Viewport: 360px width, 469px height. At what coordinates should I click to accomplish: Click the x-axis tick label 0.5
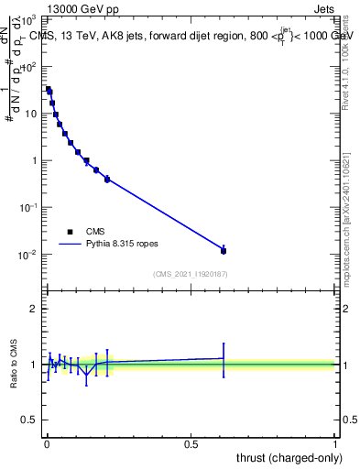coord(191,444)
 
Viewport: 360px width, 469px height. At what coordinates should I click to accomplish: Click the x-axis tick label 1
coord(335,444)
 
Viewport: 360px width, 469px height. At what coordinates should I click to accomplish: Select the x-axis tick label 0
coord(47,444)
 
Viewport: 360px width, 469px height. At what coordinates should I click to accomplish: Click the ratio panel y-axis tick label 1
coord(34,365)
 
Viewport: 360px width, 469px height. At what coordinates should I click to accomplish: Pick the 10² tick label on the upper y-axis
coord(30,67)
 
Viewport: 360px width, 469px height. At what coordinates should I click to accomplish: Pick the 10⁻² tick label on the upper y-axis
coord(29,254)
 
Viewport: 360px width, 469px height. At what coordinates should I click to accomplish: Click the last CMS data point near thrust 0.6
coord(224,250)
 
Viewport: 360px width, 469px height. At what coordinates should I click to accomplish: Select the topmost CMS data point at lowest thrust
coord(49,90)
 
